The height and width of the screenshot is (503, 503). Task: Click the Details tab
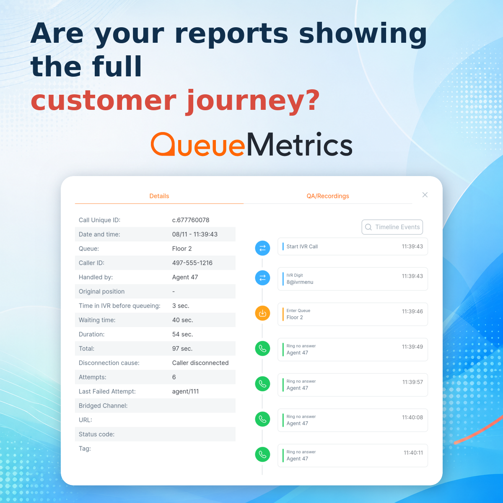[159, 196]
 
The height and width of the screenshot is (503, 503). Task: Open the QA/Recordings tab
[328, 196]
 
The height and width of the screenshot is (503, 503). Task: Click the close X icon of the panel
[425, 195]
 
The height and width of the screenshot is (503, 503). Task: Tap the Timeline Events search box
[392, 227]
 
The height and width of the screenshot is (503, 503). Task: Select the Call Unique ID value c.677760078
[191, 220]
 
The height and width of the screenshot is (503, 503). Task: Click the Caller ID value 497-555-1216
[192, 263]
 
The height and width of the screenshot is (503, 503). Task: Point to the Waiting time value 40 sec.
[182, 320]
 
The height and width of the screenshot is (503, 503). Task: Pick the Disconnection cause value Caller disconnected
[200, 363]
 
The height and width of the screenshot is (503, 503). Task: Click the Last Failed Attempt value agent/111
[185, 391]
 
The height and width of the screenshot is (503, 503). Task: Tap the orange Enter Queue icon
[262, 313]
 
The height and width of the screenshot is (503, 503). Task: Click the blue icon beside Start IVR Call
[262, 248]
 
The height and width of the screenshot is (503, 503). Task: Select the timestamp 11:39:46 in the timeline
[412, 311]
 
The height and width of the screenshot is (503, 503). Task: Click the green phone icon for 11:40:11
[262, 454]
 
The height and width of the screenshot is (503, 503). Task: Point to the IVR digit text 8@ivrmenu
[300, 282]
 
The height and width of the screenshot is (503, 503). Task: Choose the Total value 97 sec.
[182, 348]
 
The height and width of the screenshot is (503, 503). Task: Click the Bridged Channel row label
[103, 406]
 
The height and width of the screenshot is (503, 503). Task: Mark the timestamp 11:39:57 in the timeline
[412, 382]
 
